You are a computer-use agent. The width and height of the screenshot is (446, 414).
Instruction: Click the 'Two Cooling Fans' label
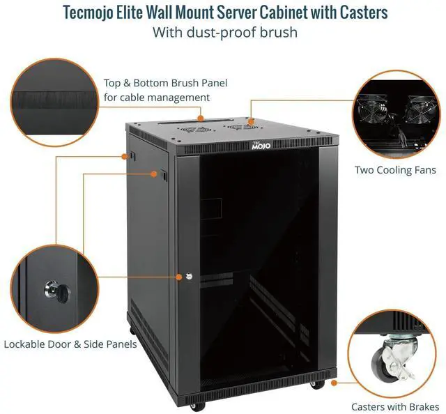[x=395, y=169]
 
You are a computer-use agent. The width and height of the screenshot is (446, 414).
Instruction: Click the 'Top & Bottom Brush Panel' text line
[x=165, y=83]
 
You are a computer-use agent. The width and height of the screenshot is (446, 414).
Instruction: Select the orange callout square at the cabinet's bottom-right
[x=334, y=382]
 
